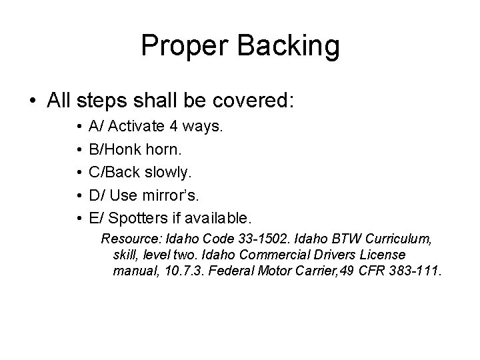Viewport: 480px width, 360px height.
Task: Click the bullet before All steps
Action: [x=32, y=101]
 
